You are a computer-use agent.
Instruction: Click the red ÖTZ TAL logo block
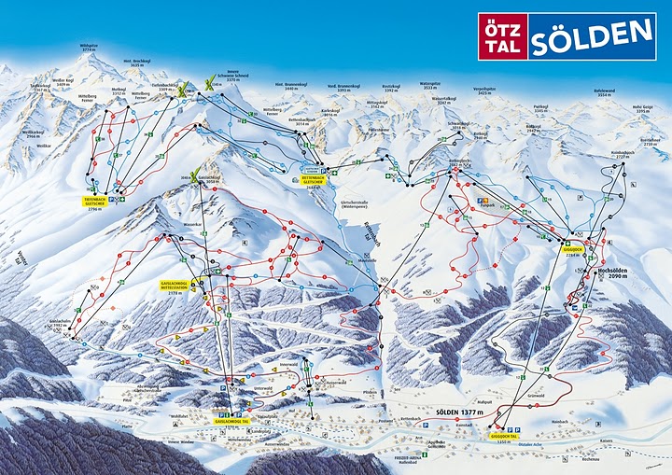point(503,36)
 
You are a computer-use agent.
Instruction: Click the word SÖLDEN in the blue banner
point(592,36)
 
